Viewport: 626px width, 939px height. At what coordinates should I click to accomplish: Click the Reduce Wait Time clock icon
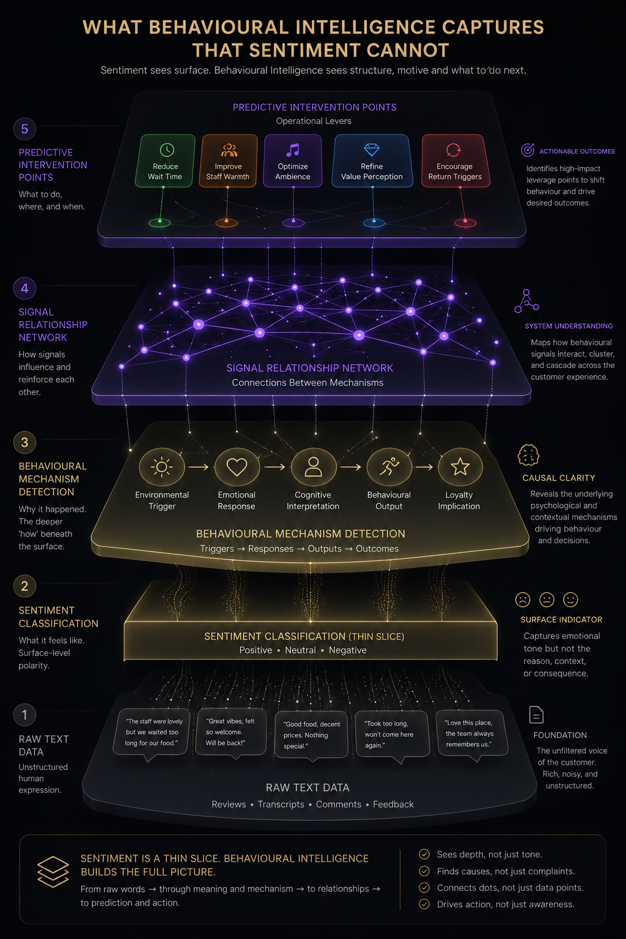pos(167,150)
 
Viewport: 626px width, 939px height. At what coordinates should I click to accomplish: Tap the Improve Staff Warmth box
pos(227,161)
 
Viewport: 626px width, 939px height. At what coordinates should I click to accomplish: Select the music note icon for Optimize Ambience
pos(293,150)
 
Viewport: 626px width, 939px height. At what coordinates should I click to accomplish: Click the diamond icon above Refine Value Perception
pos(372,149)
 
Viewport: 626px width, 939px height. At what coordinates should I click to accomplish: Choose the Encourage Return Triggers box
pos(455,161)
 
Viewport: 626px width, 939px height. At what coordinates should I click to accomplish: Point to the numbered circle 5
pos(24,129)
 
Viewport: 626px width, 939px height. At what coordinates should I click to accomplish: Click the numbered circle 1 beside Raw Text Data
pos(24,715)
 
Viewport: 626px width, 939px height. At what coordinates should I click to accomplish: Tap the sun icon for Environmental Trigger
pos(162,467)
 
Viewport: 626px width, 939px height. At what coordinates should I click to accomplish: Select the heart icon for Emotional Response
pos(237,467)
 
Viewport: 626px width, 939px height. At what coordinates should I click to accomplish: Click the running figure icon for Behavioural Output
pos(389,466)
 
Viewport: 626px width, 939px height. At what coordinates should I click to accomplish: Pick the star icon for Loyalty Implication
pos(460,466)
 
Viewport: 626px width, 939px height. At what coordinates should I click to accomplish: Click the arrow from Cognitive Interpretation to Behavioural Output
pos(350,467)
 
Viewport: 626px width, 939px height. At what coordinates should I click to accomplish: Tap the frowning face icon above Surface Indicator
pos(523,600)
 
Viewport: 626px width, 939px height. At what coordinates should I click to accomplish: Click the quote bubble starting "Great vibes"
pos(231,732)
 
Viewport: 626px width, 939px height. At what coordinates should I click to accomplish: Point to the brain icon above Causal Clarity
pos(528,455)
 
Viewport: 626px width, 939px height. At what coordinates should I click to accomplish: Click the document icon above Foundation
pos(536,715)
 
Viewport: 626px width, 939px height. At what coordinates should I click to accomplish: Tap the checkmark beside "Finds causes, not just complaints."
pos(424,871)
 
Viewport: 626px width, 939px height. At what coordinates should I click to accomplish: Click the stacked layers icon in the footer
pos(53,872)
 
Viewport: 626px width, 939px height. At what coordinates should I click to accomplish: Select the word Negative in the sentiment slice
pos(348,650)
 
